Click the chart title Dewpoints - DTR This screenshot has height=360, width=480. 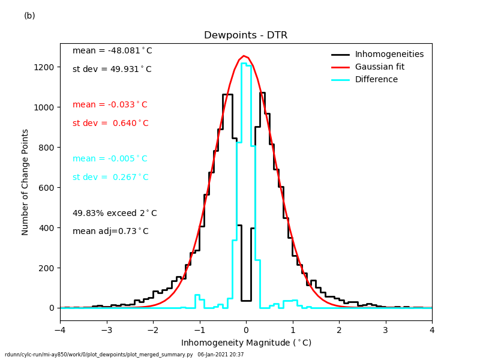pyautogui.click(x=245, y=35)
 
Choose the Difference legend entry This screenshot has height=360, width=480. pyautogui.click(x=377, y=80)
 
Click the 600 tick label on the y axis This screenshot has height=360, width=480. pyautogui.click(x=48, y=188)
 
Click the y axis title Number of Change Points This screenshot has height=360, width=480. pyautogui.click(x=25, y=182)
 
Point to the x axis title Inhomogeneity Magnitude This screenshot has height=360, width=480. pyautogui.click(x=246, y=343)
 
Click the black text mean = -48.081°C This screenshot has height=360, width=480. pyautogui.click(x=112, y=51)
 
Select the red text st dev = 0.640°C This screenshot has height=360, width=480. pyautogui.click(x=110, y=124)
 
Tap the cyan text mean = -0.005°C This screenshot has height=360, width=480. pyautogui.click(x=110, y=159)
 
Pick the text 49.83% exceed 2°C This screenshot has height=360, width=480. pyautogui.click(x=115, y=214)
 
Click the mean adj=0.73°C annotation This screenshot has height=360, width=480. pyautogui.click(x=110, y=232)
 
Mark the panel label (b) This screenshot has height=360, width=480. pyautogui.click(x=29, y=16)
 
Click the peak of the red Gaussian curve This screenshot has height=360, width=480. pyautogui.click(x=244, y=56)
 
